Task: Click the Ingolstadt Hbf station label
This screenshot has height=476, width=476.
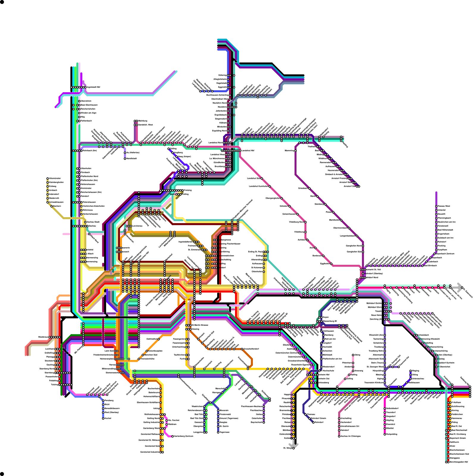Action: [x=93, y=87]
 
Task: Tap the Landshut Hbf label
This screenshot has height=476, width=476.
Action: [x=248, y=151]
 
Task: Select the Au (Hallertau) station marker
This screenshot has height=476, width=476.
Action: [x=125, y=153]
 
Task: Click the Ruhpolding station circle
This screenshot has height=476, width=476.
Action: [x=385, y=434]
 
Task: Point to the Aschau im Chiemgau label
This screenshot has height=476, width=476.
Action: [x=351, y=436]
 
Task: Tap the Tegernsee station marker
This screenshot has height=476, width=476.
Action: [x=218, y=432]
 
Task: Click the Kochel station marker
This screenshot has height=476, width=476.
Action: [x=103, y=418]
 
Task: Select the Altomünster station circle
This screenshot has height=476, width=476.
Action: [x=48, y=178]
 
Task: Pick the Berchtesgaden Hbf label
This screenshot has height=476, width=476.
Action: [x=459, y=462]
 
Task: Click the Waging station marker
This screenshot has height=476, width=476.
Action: [x=411, y=371]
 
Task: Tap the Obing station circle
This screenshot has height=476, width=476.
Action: [x=353, y=355]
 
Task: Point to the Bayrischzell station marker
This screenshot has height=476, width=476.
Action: [x=264, y=422]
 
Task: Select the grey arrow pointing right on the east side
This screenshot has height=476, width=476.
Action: [x=460, y=287]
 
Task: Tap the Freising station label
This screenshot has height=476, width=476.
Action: [x=188, y=190]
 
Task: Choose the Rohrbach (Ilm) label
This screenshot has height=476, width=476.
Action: [x=90, y=151]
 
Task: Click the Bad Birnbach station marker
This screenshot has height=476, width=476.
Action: [x=422, y=266]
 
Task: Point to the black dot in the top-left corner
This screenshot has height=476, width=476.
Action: [x=2, y=2]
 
